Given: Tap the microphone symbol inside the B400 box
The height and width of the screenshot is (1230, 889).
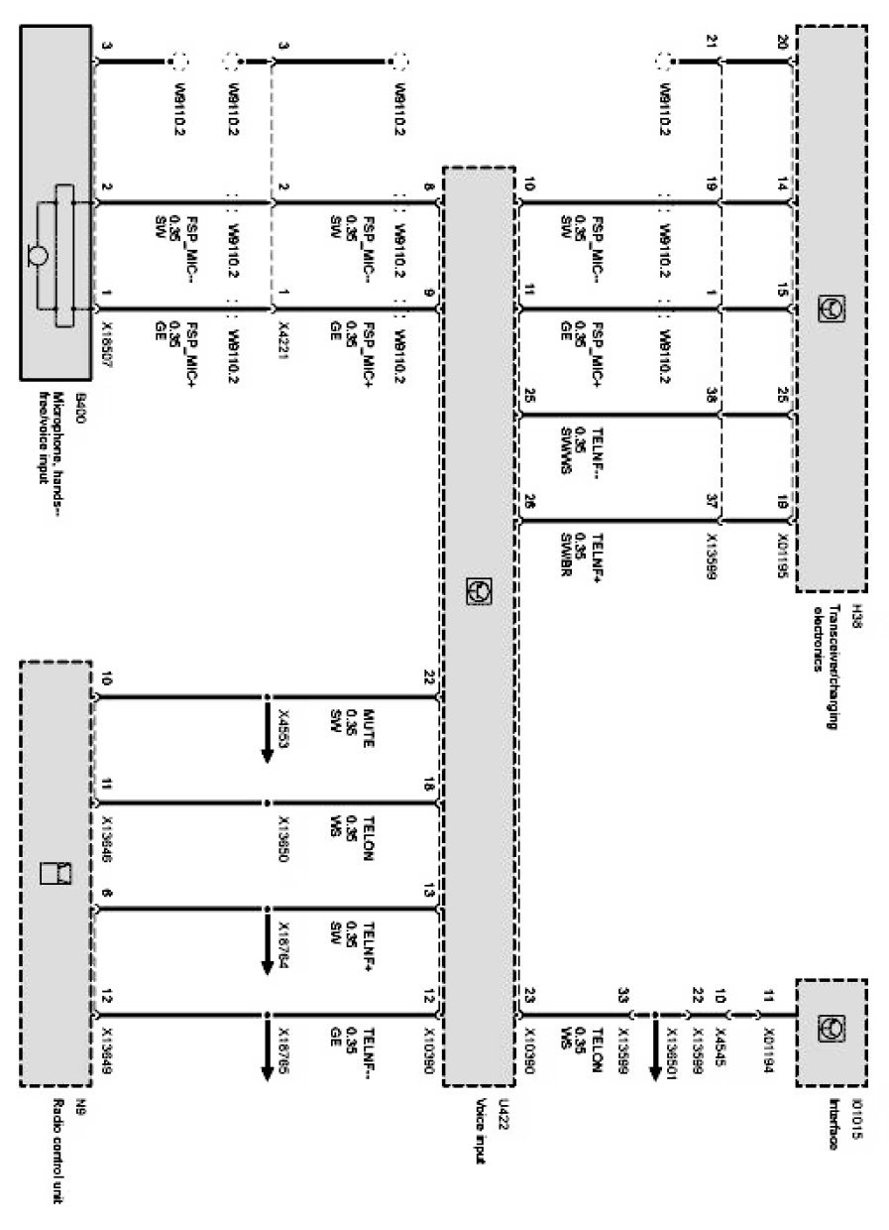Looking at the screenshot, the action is click(38, 256).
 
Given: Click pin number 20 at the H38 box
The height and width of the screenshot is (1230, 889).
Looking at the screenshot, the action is click(782, 42).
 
